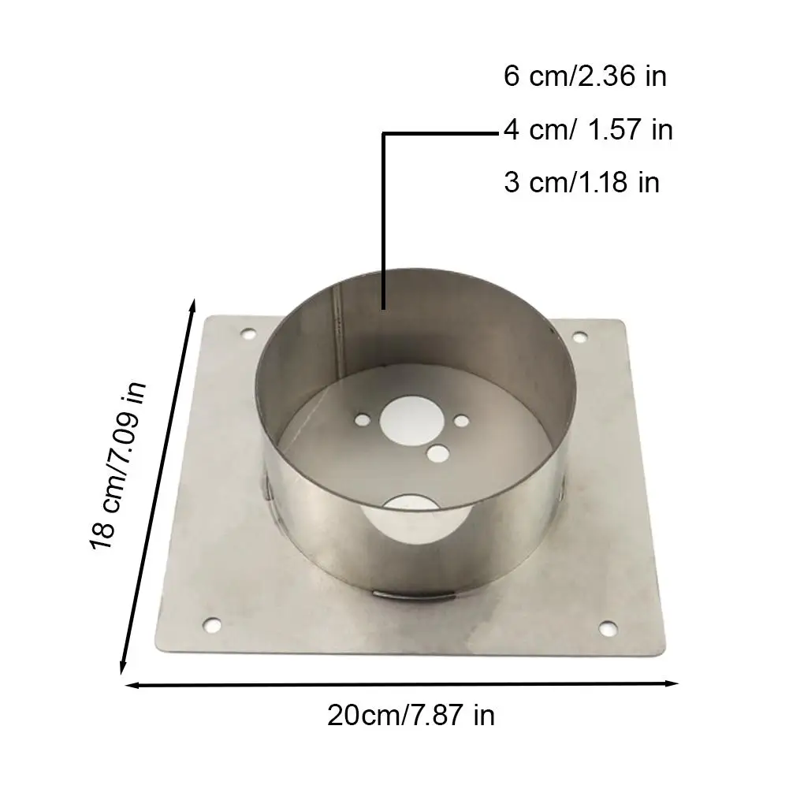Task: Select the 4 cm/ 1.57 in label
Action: [588, 130]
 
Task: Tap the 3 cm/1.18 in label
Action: [582, 182]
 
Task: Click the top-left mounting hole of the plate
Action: [249, 335]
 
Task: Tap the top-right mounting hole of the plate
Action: [581, 337]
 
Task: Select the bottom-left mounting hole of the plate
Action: [211, 626]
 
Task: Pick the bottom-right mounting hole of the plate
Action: [607, 627]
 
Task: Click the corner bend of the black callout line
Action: [384, 135]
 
